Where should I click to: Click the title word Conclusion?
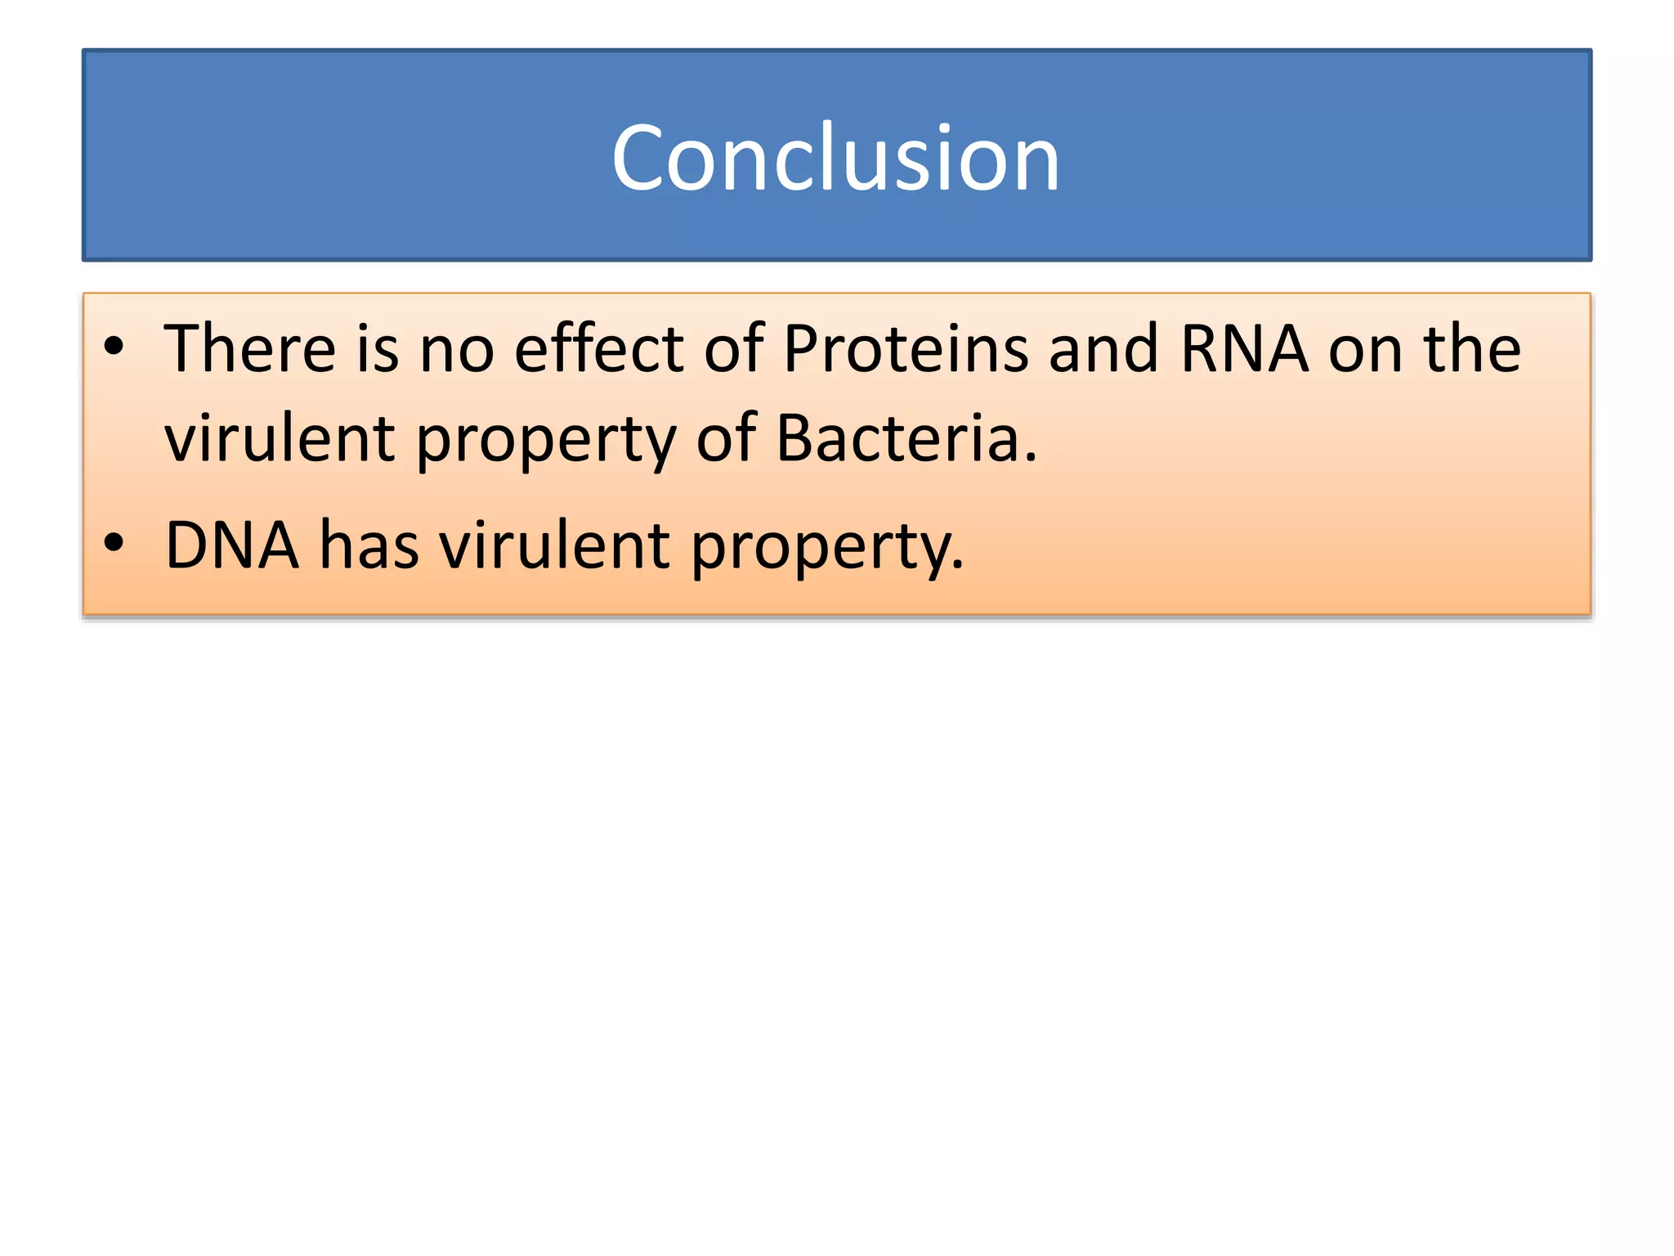click(835, 158)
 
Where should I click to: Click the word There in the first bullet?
click(249, 349)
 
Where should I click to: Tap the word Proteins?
click(905, 349)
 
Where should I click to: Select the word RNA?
click(1244, 349)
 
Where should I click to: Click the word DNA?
click(231, 545)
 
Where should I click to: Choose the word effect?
click(598, 349)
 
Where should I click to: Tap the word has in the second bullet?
click(369, 545)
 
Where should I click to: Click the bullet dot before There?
click(114, 346)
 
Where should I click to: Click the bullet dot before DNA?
click(114, 542)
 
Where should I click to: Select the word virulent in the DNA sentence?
click(555, 545)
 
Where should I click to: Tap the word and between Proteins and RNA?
click(1103, 349)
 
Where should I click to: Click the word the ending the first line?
click(1472, 349)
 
